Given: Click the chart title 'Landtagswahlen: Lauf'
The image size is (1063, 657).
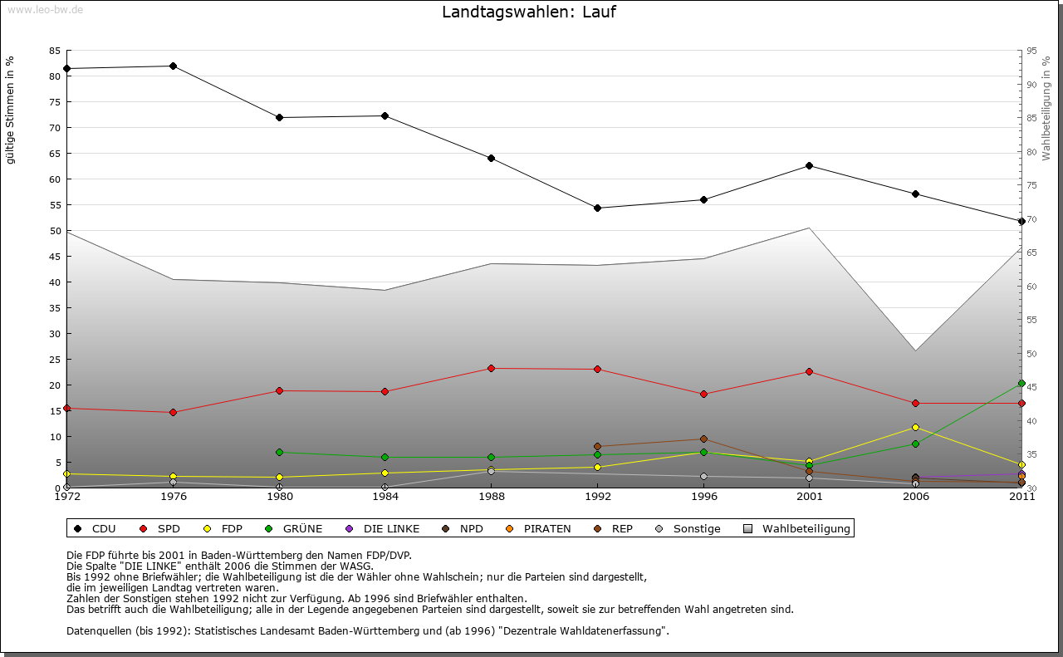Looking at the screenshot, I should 529,12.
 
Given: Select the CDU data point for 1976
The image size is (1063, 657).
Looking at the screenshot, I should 173,66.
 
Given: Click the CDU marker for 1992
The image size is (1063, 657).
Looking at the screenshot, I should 597,208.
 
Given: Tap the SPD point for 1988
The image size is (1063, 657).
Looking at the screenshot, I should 491,368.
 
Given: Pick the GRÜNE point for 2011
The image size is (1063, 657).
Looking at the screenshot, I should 1021,384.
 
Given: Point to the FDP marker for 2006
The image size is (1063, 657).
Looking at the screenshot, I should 915,427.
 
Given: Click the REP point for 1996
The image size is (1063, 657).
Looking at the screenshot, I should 703,439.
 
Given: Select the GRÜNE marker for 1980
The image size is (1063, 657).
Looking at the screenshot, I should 279,452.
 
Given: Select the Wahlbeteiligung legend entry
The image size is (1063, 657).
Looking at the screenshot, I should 798,528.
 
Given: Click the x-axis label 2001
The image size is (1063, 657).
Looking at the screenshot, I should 810,498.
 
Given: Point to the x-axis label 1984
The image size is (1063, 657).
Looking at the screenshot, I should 385,498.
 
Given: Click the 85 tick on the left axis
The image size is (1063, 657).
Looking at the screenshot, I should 54,51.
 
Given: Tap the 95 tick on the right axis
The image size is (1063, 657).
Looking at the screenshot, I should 1031,51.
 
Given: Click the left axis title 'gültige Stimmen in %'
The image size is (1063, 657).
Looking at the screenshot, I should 11,110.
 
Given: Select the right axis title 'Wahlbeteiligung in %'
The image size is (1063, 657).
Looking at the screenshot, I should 1046,108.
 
